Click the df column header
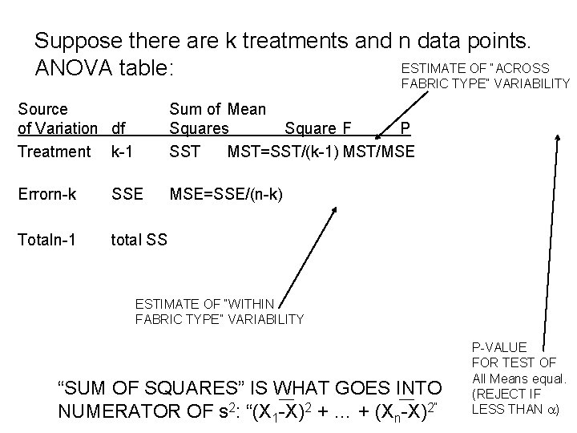coord(119,129)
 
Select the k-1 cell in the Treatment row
coord(122,151)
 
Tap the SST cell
coord(184,151)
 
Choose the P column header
coord(406,129)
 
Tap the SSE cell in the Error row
coord(127,194)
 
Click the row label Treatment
coord(54,151)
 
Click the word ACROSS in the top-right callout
coord(524,68)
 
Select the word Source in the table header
coord(42,108)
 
